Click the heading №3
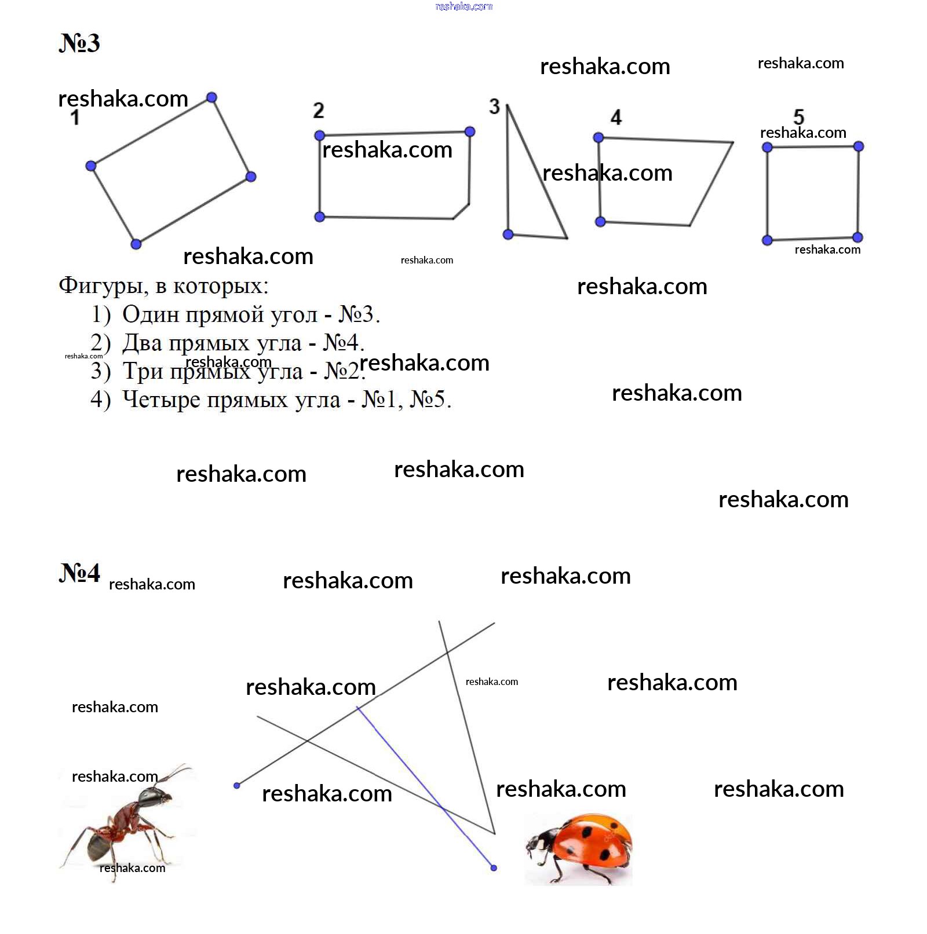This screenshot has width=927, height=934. pos(79,43)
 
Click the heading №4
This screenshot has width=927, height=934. pos(79,573)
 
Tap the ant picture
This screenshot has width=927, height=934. pos(127,822)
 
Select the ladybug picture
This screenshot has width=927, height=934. pos(579,849)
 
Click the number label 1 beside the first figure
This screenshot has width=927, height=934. pos(75,118)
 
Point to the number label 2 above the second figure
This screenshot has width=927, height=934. pos(319,110)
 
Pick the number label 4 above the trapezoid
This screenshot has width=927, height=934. pos(616,118)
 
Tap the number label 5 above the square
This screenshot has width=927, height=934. pos(799,116)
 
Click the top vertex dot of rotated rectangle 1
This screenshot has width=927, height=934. pos(212,97)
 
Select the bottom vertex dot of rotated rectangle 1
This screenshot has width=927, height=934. pos(136,244)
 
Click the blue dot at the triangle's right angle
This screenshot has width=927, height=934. pos(508,235)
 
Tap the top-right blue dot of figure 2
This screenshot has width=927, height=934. pos(470,132)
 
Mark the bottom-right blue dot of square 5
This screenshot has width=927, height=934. pos(858,237)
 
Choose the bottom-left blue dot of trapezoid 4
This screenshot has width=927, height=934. pos(600,222)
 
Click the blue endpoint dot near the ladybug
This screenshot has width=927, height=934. pos(494,868)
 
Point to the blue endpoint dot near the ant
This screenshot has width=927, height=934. pos(236,786)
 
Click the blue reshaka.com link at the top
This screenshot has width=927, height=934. pos(463,6)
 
